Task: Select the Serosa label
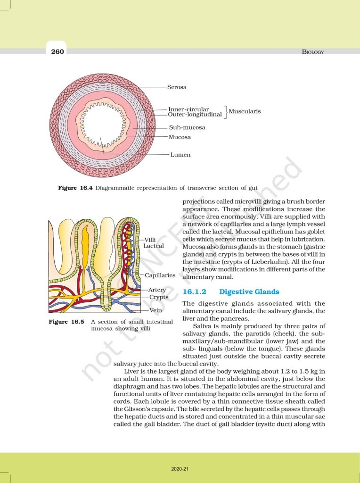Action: [177, 87]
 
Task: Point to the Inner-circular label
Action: [188, 109]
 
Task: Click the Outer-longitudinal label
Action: [195, 115]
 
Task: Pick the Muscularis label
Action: [245, 112]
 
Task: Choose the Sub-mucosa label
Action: [187, 127]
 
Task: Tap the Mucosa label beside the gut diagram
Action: [180, 137]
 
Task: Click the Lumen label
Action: [180, 154]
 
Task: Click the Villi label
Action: [150, 240]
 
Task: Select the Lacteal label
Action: [154, 246]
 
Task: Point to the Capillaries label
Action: [160, 275]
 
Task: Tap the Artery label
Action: [157, 290]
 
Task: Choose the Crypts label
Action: [159, 297]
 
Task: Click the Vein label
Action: [155, 311]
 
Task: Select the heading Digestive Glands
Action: [249, 291]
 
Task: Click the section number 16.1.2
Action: [194, 291]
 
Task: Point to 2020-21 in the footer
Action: [180, 469]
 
